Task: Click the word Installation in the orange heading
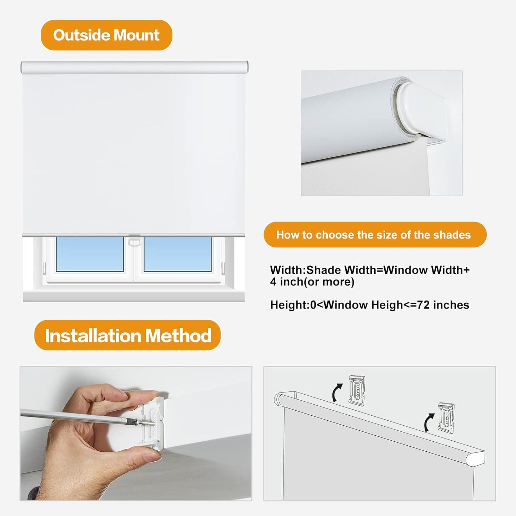(92, 336)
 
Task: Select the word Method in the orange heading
(178, 336)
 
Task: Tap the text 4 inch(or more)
(312, 282)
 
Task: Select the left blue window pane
(90, 254)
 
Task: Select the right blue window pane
(177, 254)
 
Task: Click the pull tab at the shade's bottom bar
(134, 241)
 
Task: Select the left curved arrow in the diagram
(337, 393)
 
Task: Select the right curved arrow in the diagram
(429, 422)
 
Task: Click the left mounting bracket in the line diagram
(357, 390)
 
